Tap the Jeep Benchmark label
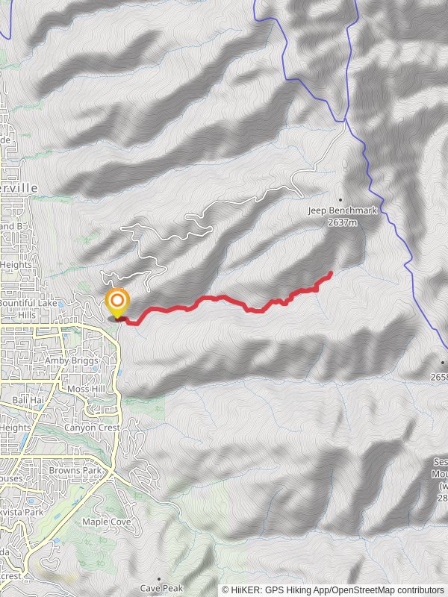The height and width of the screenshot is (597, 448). coord(343,211)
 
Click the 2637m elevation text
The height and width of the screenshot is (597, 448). coord(343,222)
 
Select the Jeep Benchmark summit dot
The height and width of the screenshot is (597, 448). coord(341,200)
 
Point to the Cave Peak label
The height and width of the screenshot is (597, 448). coord(160,588)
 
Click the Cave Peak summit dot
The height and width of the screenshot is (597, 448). coord(159,578)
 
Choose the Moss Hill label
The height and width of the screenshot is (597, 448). coord(87,389)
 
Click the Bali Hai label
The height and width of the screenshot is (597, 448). coord(27,401)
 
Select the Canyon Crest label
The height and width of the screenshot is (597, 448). coord(92,428)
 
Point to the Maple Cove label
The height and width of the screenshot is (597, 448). coord(106,522)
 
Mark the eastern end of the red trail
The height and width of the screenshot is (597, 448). coord(331,274)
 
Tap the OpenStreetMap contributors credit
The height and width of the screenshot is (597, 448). coord(388,590)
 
